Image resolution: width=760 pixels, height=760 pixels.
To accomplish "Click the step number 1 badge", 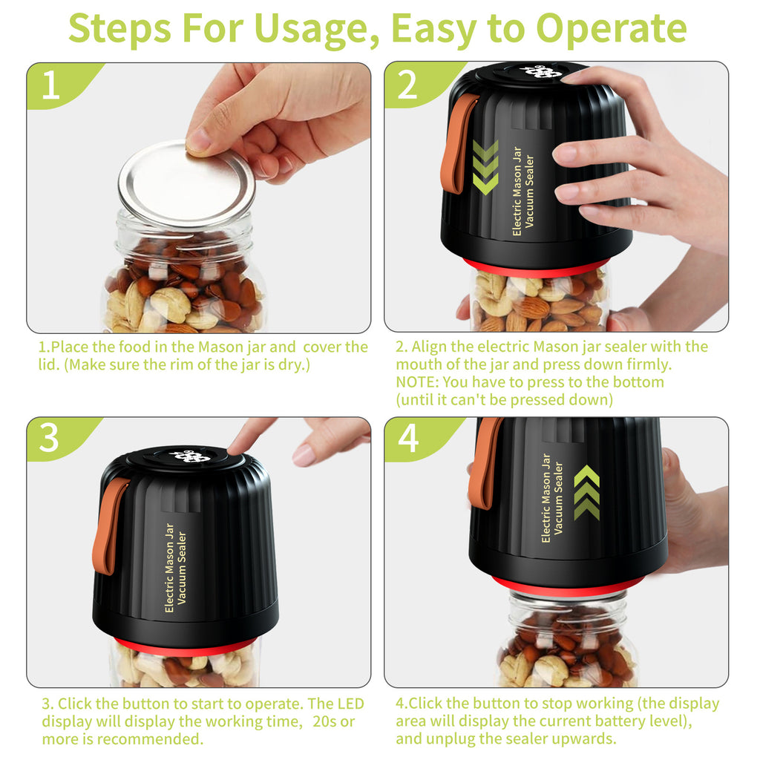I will (x=50, y=85).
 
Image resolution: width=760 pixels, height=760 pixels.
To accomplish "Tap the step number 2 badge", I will (x=407, y=85).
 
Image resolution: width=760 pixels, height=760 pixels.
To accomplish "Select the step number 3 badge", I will (x=49, y=439).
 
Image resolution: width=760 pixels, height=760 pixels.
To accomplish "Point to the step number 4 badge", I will (x=408, y=439).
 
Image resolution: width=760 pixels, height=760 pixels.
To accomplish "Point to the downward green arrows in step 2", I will (x=485, y=168).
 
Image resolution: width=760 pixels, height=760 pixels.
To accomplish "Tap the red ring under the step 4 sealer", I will (x=567, y=586).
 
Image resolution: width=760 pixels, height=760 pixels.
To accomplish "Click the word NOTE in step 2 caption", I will (x=416, y=382).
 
